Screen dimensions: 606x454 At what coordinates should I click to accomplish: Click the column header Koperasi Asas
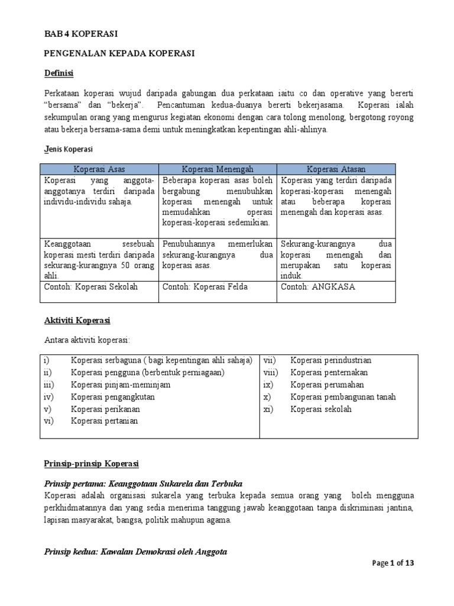tap(99, 169)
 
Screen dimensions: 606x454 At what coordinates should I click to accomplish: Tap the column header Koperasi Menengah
tap(217, 169)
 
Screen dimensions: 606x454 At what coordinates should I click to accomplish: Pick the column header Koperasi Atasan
tap(336, 169)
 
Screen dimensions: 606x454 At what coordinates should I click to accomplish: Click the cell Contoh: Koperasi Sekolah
tap(91, 287)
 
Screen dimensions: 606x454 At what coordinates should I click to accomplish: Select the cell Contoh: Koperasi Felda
tap(205, 287)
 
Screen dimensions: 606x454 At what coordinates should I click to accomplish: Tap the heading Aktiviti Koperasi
tap(77, 320)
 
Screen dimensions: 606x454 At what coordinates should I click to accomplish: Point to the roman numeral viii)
tap(272, 373)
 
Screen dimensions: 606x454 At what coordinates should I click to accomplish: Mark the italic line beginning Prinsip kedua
tap(135, 552)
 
